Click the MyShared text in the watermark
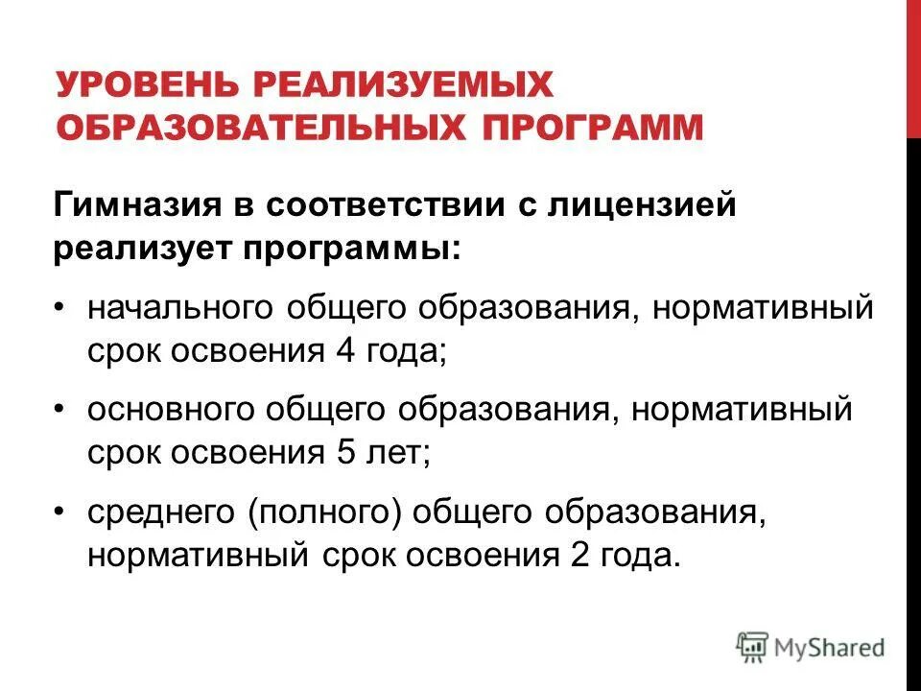[x=831, y=648]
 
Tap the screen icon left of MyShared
[x=753, y=647]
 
